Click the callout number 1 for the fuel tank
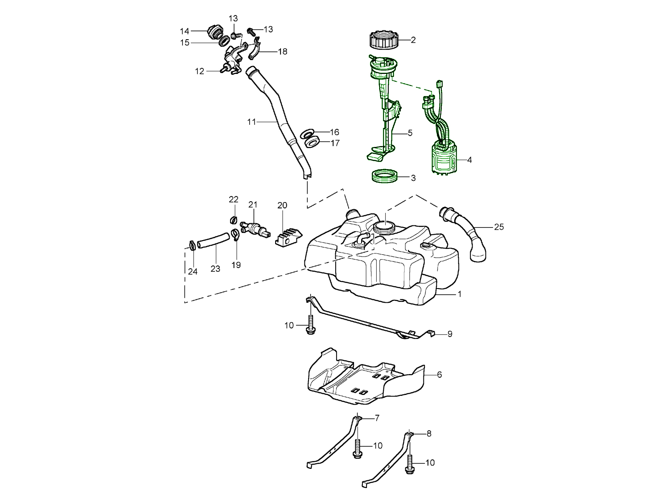(x=459, y=294)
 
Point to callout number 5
(x=410, y=133)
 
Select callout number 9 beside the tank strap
(x=450, y=334)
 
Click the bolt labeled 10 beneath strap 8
(x=410, y=464)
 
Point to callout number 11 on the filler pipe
(x=251, y=122)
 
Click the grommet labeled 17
(x=312, y=143)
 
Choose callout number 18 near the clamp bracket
(x=283, y=51)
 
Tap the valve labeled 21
(x=255, y=228)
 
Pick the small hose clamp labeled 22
(x=234, y=219)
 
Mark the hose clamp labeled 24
(x=192, y=246)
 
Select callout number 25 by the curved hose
(x=498, y=227)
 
